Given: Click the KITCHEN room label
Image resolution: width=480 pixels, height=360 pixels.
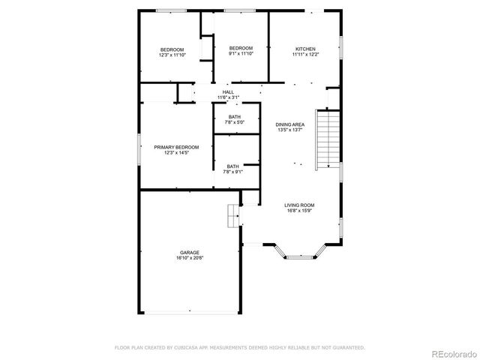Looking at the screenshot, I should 305,48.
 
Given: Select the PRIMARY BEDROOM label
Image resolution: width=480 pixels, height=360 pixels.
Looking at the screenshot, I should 176,147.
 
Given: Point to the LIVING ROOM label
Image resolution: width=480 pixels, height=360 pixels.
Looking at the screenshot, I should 299,205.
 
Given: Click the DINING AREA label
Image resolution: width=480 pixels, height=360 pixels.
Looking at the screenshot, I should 289,124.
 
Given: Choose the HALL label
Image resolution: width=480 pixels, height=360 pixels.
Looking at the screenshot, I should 228,92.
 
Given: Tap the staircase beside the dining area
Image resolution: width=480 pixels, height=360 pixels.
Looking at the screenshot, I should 328,139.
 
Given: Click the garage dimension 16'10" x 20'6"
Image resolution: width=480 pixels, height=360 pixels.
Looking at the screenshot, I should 190,258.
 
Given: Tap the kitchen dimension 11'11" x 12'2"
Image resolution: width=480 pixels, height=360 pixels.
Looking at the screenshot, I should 305,54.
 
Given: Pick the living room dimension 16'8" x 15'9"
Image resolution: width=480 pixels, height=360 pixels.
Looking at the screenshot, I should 299,211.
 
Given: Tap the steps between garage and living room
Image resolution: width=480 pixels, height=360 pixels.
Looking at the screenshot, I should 233,215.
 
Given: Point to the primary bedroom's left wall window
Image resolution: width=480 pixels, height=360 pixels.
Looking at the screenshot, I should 139,148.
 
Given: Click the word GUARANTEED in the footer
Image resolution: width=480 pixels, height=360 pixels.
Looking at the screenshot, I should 349,348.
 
